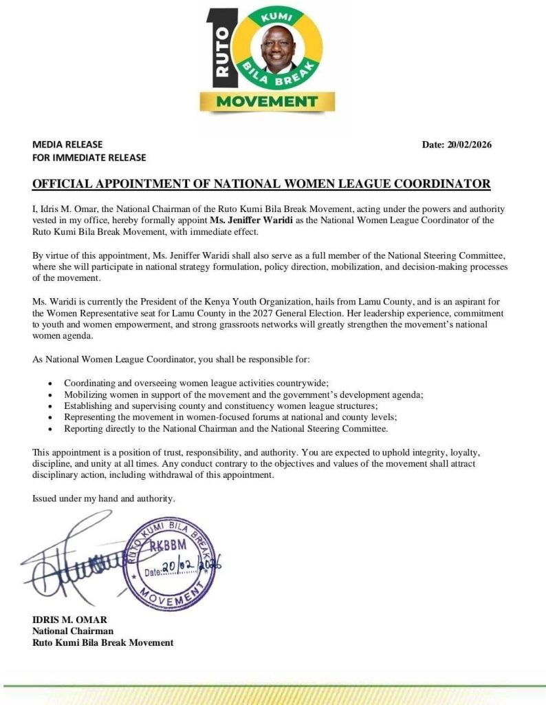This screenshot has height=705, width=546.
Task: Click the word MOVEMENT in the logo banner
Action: click(x=267, y=101)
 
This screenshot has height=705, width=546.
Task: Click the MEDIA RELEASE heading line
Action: click(x=67, y=145)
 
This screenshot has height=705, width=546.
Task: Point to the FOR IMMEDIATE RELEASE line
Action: click(x=89, y=158)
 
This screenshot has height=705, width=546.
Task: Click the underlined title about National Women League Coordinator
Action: click(x=261, y=184)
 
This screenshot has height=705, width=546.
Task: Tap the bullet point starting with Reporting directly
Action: click(x=226, y=429)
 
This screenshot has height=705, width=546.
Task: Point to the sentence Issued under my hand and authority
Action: click(x=104, y=498)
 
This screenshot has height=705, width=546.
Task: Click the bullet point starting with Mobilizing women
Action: click(x=243, y=394)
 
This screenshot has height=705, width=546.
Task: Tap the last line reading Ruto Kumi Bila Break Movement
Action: click(x=103, y=642)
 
